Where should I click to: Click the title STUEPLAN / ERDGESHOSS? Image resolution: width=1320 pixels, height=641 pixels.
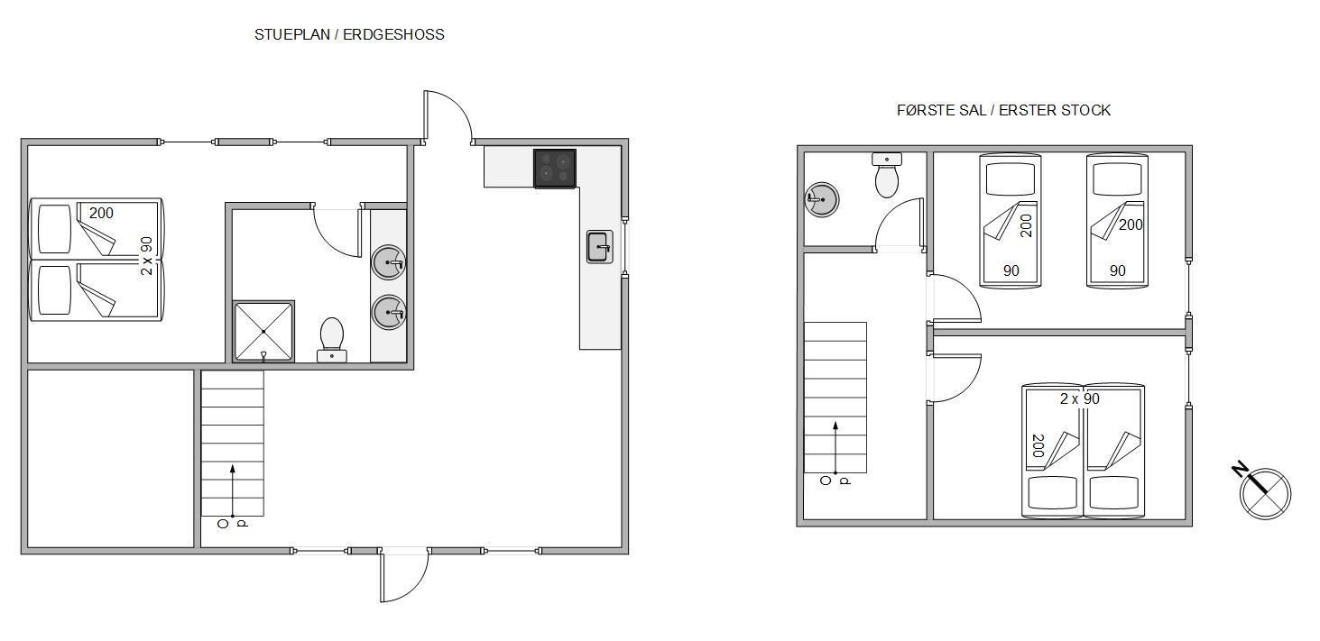[349, 35]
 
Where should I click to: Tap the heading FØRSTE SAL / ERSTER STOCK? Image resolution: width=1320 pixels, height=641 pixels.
[1003, 110]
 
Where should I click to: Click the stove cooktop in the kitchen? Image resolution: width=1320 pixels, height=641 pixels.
[555, 169]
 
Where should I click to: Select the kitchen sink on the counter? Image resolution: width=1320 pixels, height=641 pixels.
[600, 247]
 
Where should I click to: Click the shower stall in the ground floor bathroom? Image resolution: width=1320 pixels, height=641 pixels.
[263, 332]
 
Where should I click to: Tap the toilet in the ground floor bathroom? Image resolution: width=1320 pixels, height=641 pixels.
[332, 340]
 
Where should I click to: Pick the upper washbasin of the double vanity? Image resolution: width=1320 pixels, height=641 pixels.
[388, 262]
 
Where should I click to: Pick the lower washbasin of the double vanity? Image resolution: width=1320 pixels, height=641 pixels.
[388, 312]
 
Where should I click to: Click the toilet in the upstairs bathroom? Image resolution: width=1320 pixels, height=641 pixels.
[887, 175]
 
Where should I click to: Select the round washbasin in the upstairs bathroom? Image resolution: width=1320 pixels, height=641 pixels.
[821, 199]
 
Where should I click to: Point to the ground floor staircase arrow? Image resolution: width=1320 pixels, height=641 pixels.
[233, 491]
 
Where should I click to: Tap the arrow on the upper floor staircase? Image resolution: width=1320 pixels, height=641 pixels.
[835, 447]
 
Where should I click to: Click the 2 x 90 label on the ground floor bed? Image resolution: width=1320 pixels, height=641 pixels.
[147, 256]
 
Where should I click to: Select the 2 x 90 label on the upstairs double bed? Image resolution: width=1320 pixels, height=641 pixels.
[1080, 399]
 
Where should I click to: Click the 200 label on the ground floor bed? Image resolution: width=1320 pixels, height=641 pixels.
[101, 213]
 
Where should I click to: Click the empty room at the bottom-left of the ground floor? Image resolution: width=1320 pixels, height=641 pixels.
[111, 459]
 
